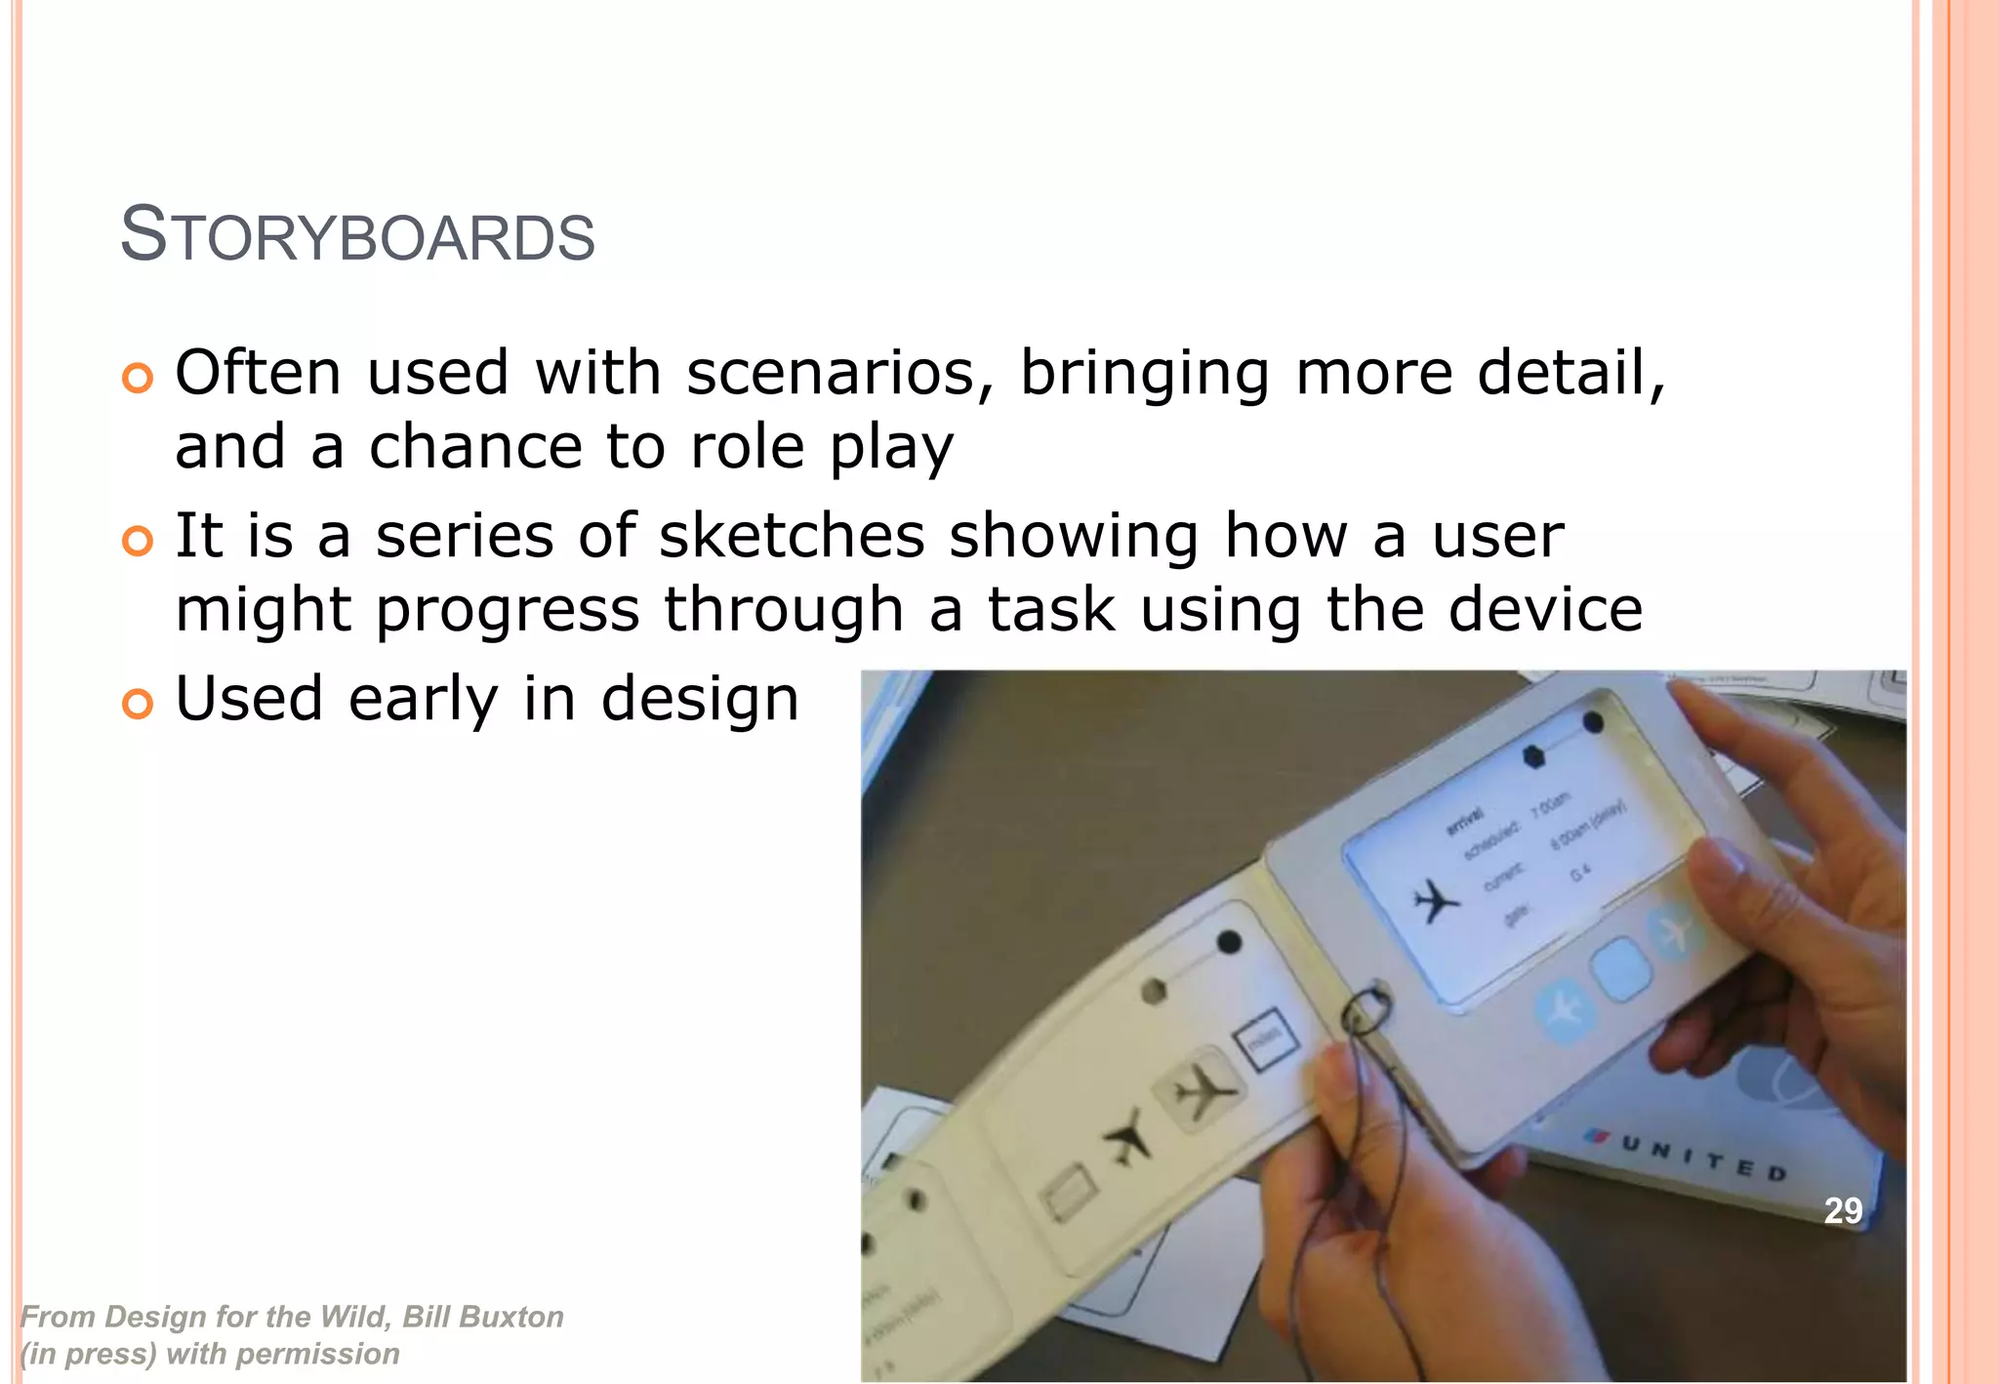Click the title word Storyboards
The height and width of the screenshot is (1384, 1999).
[357, 235]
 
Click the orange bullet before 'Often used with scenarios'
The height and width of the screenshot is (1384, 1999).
[138, 378]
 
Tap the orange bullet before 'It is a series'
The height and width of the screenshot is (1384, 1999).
[138, 541]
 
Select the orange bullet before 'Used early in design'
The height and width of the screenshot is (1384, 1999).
[138, 703]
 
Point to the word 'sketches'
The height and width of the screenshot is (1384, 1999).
[791, 536]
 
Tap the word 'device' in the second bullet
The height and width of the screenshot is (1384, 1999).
[1545, 610]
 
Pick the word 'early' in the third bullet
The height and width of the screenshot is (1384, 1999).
[423, 699]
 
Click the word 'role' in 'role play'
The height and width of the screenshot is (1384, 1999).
[747, 447]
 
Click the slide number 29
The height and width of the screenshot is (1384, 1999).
[1843, 1211]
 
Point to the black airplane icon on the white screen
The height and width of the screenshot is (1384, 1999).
[1435, 900]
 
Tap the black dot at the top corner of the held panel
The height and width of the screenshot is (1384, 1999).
[1592, 723]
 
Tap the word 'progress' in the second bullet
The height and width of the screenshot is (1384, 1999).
[508, 612]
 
